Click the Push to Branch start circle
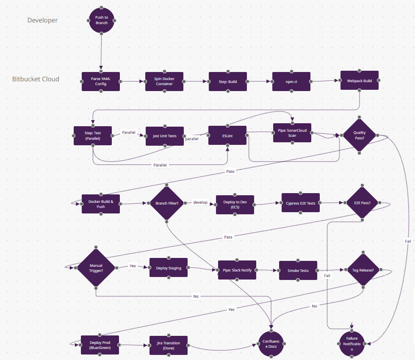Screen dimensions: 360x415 [x=102, y=20]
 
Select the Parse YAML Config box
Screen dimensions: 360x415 [x=101, y=81]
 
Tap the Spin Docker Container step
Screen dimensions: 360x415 [x=164, y=81]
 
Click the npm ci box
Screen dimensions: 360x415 [x=291, y=81]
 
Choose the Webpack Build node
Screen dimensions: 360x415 [x=360, y=80]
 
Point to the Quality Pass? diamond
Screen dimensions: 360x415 [x=359, y=135]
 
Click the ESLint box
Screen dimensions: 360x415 [x=227, y=136]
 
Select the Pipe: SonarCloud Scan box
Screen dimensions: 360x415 [x=292, y=133]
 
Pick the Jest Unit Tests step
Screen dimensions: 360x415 [x=165, y=136]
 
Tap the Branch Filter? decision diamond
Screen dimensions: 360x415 [x=167, y=203]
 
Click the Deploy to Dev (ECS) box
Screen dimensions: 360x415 [x=235, y=205]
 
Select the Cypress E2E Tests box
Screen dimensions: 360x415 [x=300, y=203]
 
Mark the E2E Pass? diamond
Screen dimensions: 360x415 [x=362, y=203]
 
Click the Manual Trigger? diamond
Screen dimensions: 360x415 [x=96, y=268]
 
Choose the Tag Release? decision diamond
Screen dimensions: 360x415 [x=362, y=270]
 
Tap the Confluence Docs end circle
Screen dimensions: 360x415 [x=271, y=344]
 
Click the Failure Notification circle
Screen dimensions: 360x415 [x=351, y=344]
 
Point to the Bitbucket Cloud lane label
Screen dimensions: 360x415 [x=36, y=79]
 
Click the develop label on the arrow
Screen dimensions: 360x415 [x=200, y=202]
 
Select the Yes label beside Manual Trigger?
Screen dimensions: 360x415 [x=133, y=266]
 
